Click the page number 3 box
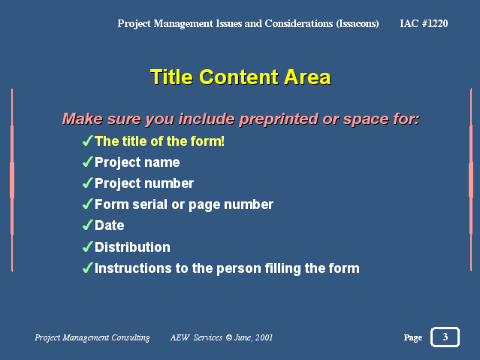coord(445,337)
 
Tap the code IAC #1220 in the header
coord(424,23)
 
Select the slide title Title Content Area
coord(240,77)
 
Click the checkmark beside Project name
coord(88,162)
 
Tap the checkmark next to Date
coord(88,225)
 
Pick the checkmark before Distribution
coord(88,247)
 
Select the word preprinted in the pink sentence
coord(279,119)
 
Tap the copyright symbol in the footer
coord(228,337)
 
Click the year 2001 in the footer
coord(264,337)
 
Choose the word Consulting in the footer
coord(131,337)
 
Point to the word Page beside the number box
coord(413,337)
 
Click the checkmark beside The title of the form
coord(88,141)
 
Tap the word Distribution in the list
coord(132,247)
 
